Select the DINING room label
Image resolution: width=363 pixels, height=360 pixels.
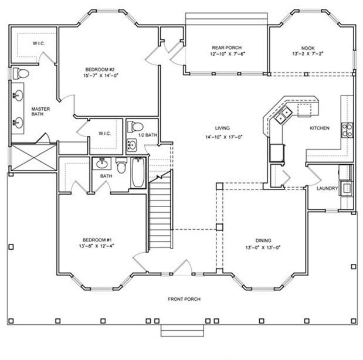263,240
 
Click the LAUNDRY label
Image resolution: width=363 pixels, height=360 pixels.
326,189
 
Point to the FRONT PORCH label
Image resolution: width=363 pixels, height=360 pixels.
184,299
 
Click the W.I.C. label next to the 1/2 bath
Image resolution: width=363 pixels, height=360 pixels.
106,133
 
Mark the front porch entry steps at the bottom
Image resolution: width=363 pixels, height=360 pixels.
178,330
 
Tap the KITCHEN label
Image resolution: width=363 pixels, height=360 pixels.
320,128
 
